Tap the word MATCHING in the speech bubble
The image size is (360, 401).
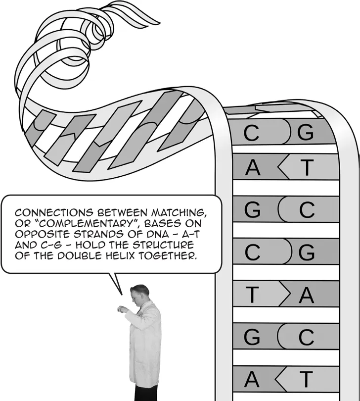pos(179,213)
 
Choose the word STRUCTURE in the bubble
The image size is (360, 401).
pos(163,245)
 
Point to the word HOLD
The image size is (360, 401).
pos(90,245)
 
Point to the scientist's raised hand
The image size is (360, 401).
pos(122,309)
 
